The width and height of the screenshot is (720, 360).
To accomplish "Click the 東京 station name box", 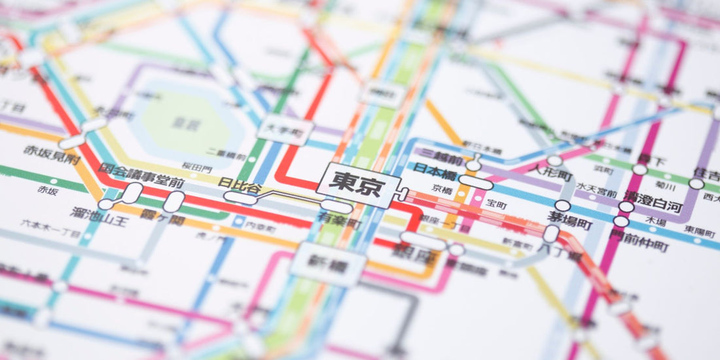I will point(357,181).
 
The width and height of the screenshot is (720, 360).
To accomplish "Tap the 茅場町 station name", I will point(570,225).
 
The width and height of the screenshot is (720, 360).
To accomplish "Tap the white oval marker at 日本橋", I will point(475,183).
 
